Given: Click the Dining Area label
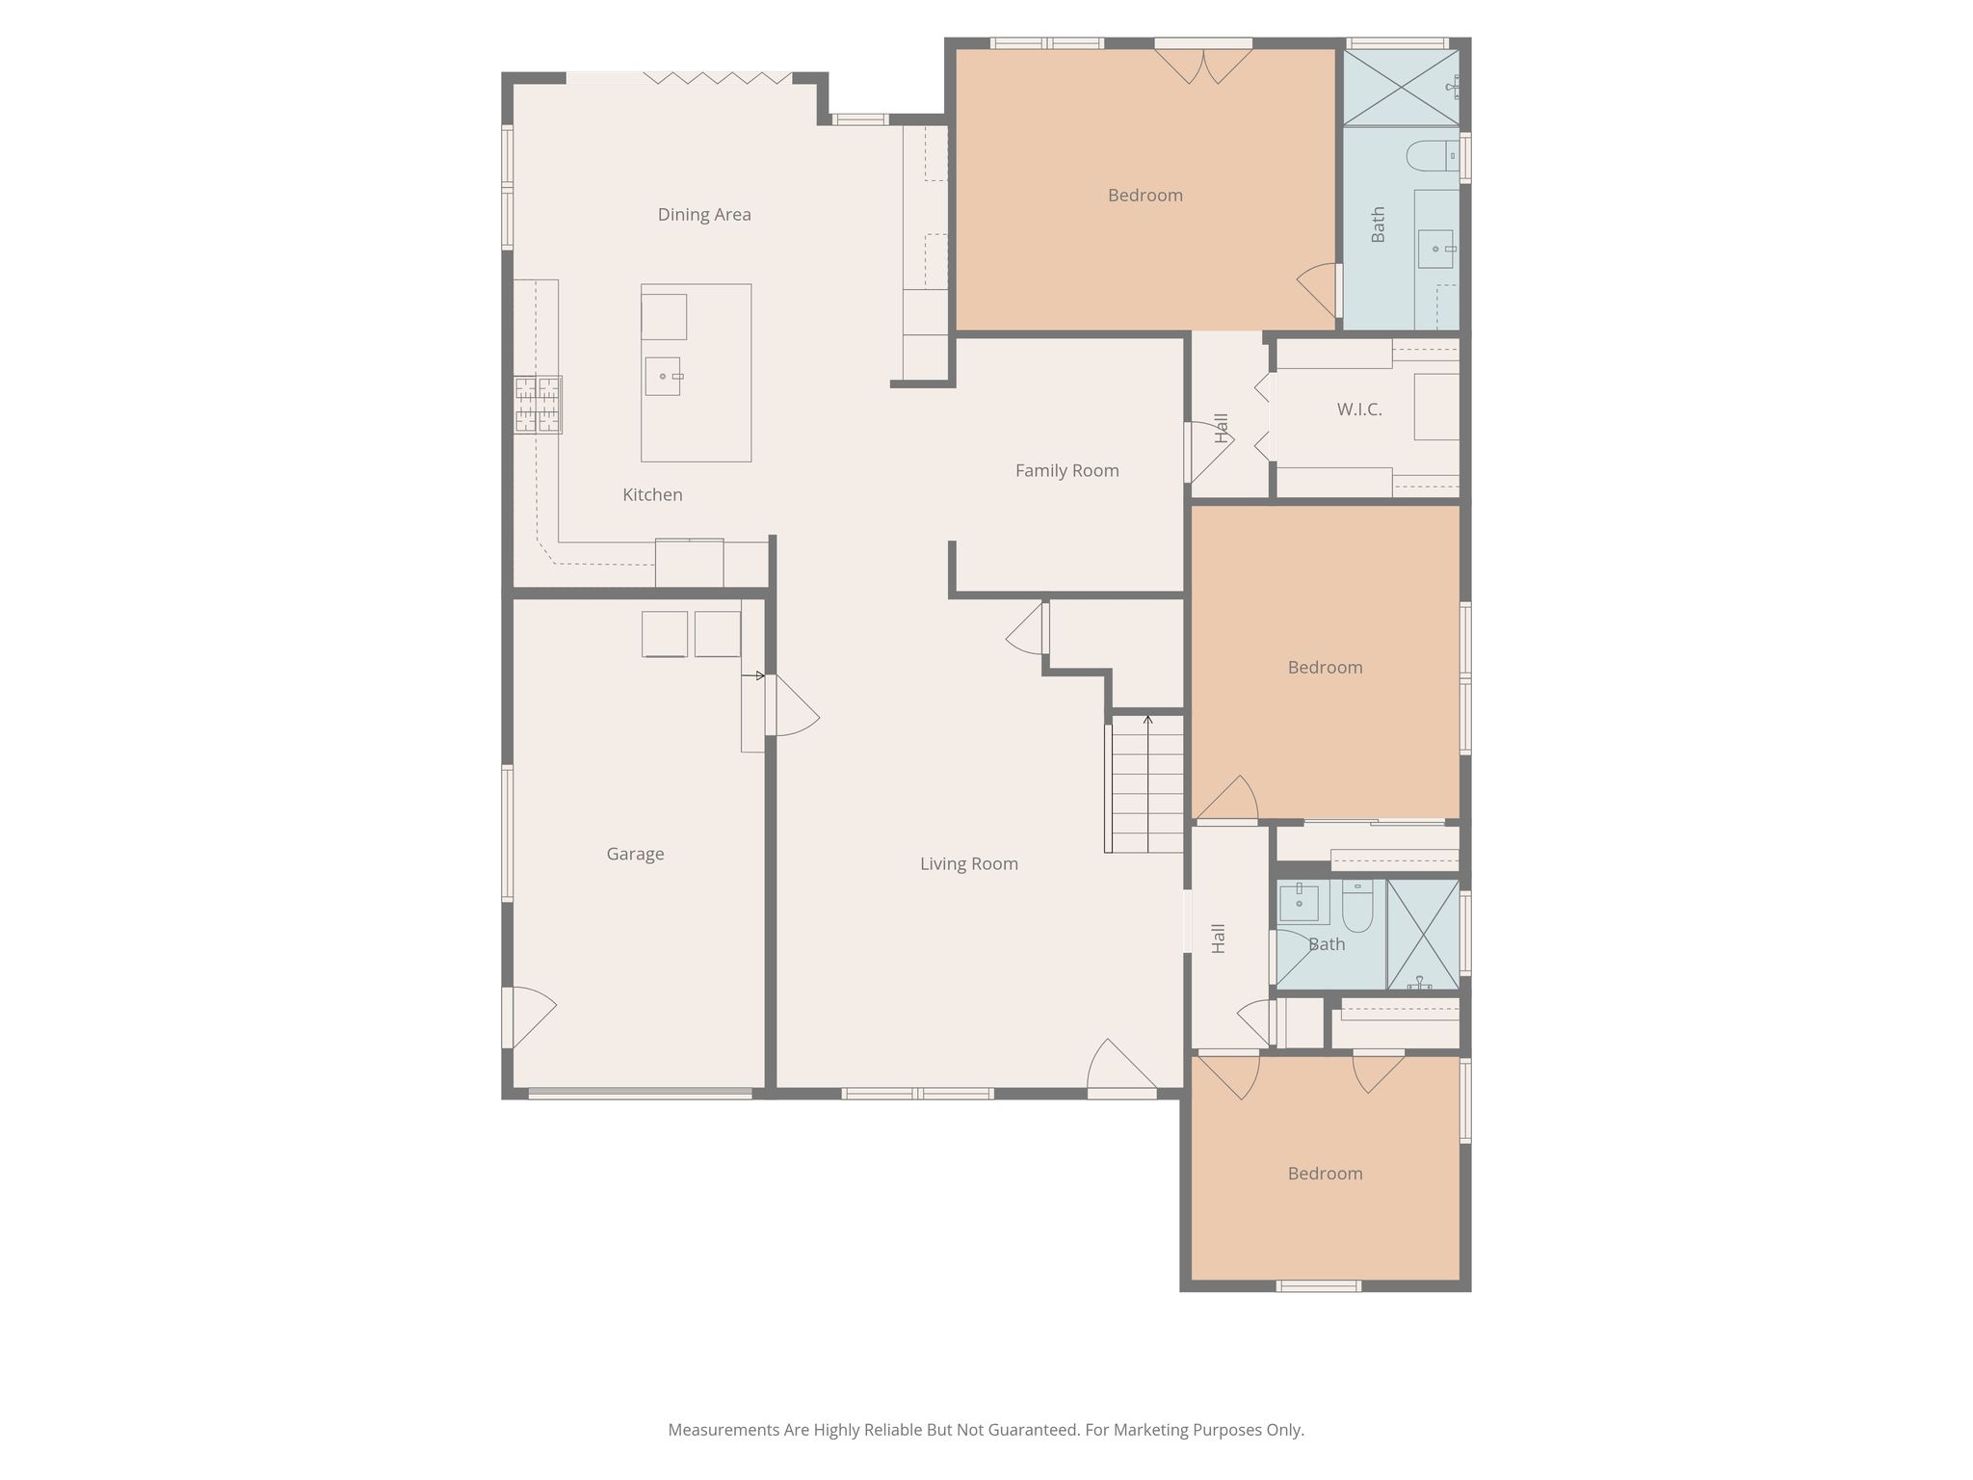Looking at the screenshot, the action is click(x=704, y=214).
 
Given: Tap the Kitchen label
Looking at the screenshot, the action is click(x=652, y=494).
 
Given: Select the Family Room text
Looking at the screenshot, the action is click(x=1067, y=470).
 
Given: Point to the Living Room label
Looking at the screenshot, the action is click(x=969, y=863).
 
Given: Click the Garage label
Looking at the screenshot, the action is click(x=635, y=854).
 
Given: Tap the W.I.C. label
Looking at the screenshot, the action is click(x=1359, y=410).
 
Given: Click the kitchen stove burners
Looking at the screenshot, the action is click(x=538, y=405).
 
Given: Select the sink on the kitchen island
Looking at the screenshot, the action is click(x=664, y=376).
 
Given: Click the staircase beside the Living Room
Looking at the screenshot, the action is click(x=1144, y=783).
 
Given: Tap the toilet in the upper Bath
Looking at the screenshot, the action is click(x=1434, y=156).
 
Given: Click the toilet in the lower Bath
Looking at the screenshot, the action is click(x=1357, y=905).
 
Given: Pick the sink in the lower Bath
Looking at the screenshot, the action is click(x=1299, y=904).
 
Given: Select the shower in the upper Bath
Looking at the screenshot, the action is click(x=1401, y=87).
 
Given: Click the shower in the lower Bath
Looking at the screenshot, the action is click(x=1423, y=935).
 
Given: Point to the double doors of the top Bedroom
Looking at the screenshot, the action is click(x=1203, y=66).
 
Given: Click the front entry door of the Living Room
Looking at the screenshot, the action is click(x=1122, y=1070).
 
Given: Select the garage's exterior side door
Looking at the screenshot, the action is click(x=529, y=1017).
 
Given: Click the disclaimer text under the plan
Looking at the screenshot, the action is click(x=986, y=1430).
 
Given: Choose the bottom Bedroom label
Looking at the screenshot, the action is click(x=1325, y=1174).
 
